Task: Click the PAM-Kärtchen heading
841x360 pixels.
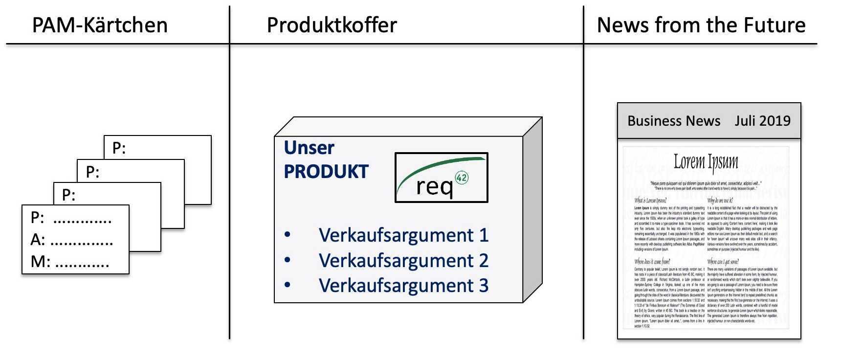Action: pyautogui.click(x=100, y=25)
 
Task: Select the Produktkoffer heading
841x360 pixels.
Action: pyautogui.click(x=332, y=25)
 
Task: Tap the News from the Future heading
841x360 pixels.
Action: pyautogui.click(x=701, y=25)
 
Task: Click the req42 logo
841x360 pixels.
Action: pyautogui.click(x=441, y=178)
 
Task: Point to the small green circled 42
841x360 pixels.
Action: pyautogui.click(x=462, y=178)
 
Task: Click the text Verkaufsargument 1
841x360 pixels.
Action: pyautogui.click(x=403, y=235)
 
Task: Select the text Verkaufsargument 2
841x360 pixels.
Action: pyautogui.click(x=403, y=261)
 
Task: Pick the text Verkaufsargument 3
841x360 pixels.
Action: pyautogui.click(x=403, y=286)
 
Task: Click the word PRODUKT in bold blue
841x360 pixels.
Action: pyautogui.click(x=326, y=172)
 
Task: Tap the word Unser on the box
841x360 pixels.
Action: pyautogui.click(x=309, y=148)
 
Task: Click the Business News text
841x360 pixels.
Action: pyautogui.click(x=674, y=121)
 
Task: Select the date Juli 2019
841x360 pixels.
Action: pyautogui.click(x=762, y=121)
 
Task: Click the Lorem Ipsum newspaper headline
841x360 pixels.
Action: pyautogui.click(x=706, y=161)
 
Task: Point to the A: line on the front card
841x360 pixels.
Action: pyautogui.click(x=72, y=240)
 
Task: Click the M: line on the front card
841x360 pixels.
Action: pyautogui.click(x=70, y=262)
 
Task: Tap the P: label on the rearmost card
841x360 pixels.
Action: pyautogui.click(x=119, y=148)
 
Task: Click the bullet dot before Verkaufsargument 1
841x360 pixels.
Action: pyautogui.click(x=288, y=235)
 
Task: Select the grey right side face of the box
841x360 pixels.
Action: pyautogui.click(x=532, y=210)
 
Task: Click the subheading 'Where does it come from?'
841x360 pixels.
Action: pyautogui.click(x=652, y=262)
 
